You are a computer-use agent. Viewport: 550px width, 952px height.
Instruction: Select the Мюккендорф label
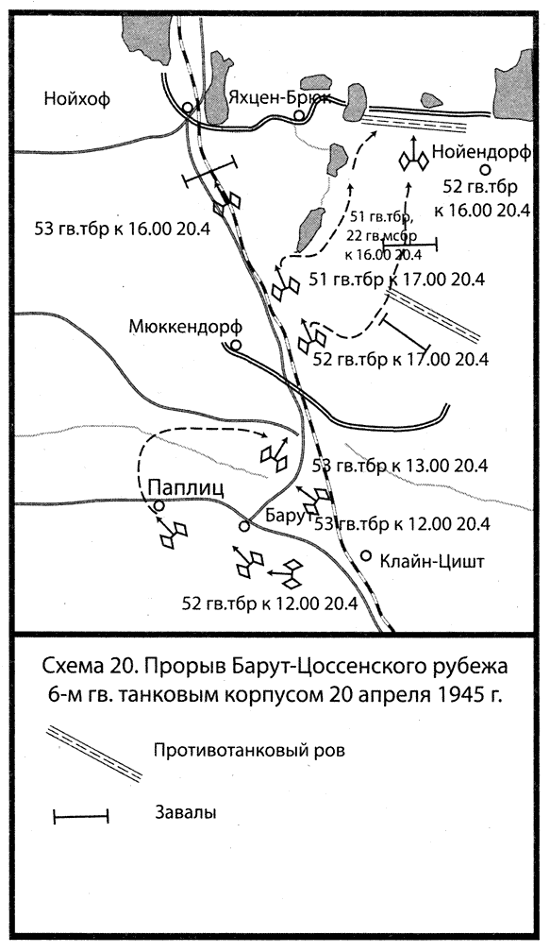coord(181,326)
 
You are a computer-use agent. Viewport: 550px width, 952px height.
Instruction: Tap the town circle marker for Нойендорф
coord(484,170)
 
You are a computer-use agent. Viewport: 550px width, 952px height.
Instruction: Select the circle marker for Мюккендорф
coord(236,345)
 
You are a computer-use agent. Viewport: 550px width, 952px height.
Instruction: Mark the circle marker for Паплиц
coord(159,506)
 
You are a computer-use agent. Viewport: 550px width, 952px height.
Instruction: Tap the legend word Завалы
coord(188,812)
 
